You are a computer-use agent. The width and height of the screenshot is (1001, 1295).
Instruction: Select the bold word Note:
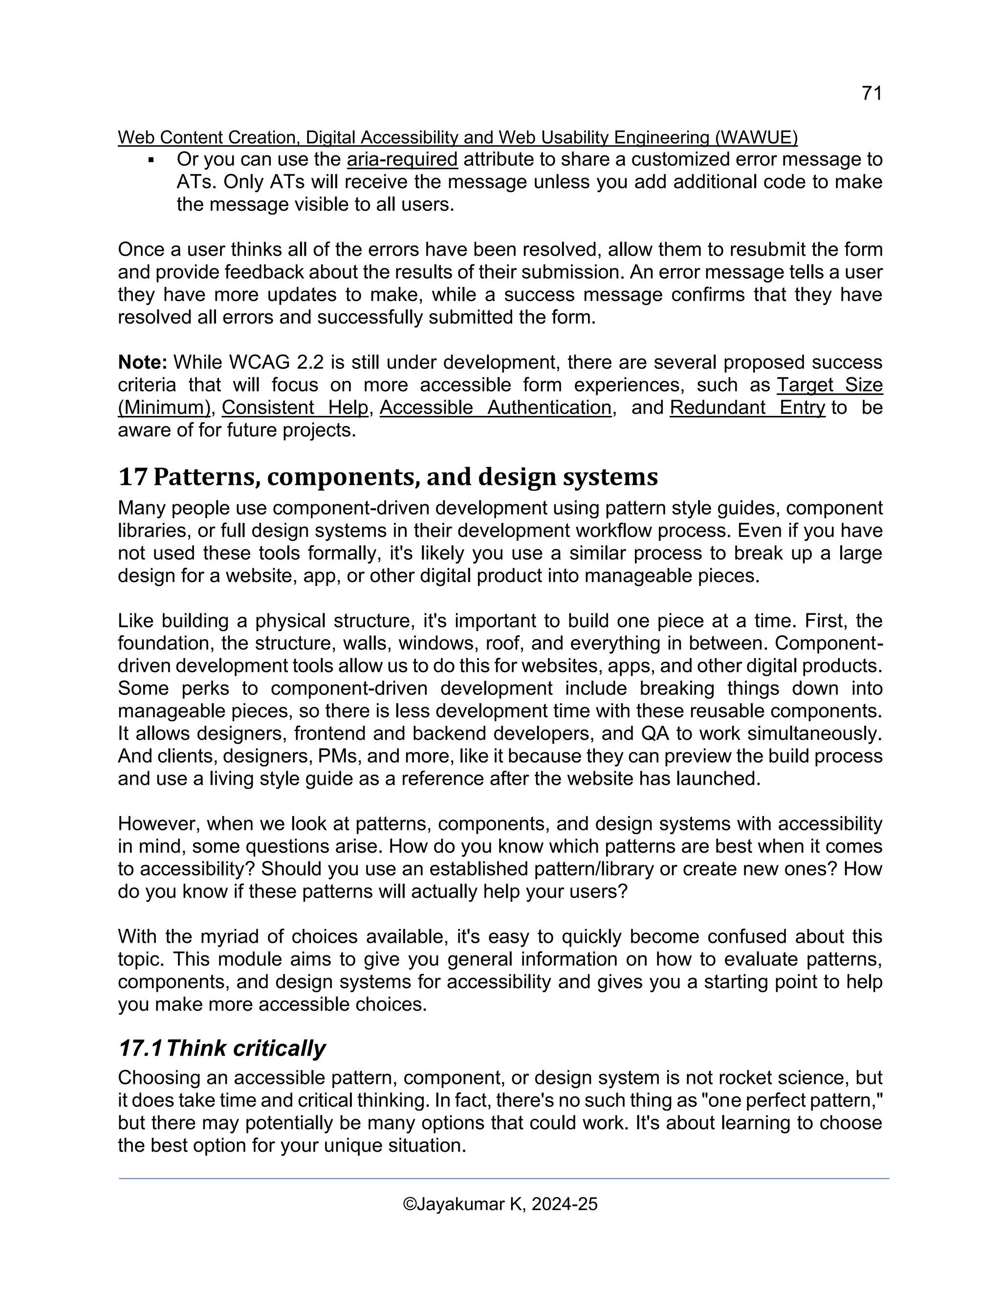[x=142, y=362]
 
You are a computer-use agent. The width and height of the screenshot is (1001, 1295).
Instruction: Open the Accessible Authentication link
[x=495, y=408]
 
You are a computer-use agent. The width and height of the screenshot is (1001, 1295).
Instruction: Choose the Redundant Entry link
[x=747, y=408]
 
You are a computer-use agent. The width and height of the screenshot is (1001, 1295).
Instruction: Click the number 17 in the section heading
[x=132, y=477]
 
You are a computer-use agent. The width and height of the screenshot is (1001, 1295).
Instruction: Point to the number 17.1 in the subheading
[x=140, y=1048]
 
